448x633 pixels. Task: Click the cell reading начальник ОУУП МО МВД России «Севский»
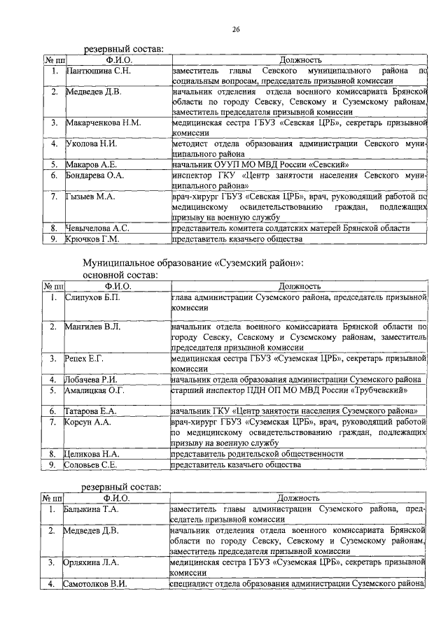pos(259,165)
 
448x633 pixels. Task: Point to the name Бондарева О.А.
pos(94,176)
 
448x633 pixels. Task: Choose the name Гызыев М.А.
pos(90,197)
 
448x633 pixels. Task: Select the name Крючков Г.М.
pos(92,239)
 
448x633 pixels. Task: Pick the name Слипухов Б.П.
pos(93,297)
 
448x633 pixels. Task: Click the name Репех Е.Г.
pos(84,359)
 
